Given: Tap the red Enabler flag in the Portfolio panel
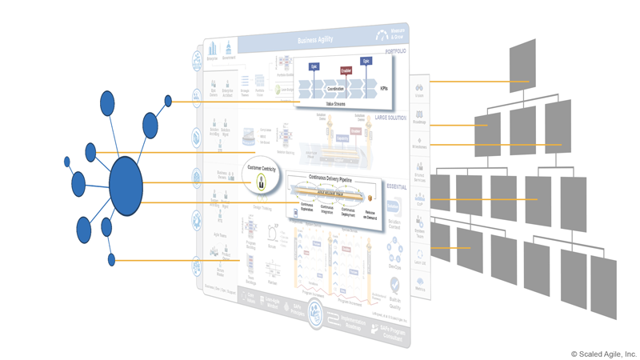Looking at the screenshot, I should (346, 70).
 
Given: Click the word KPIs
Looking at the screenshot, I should (383, 89).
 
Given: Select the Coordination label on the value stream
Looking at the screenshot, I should (335, 89).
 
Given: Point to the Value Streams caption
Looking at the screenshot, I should (336, 104).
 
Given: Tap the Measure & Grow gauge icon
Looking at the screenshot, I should (383, 35).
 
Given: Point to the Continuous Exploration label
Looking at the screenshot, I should (305, 210).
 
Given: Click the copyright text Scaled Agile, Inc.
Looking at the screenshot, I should (604, 354).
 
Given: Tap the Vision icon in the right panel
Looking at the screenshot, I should (419, 89).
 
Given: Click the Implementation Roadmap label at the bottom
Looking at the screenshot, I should (352, 326).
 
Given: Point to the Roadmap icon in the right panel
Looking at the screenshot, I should (419, 117).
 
